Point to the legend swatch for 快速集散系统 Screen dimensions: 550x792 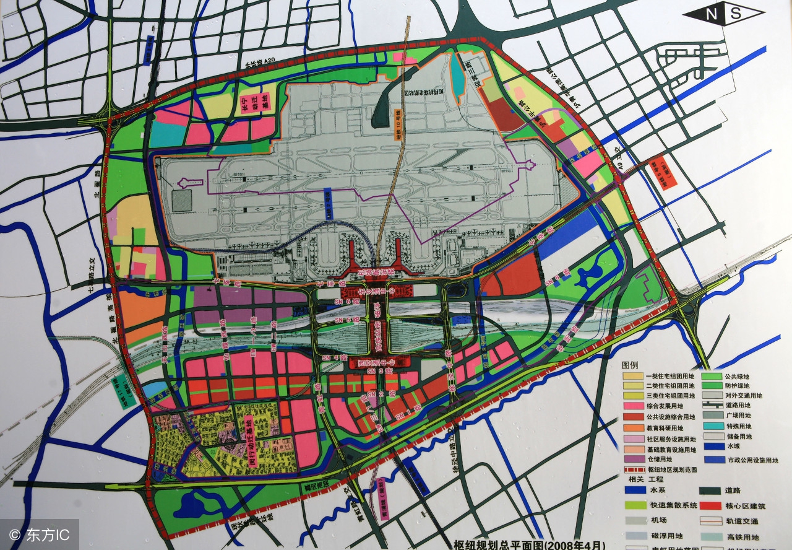coord(635,505)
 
